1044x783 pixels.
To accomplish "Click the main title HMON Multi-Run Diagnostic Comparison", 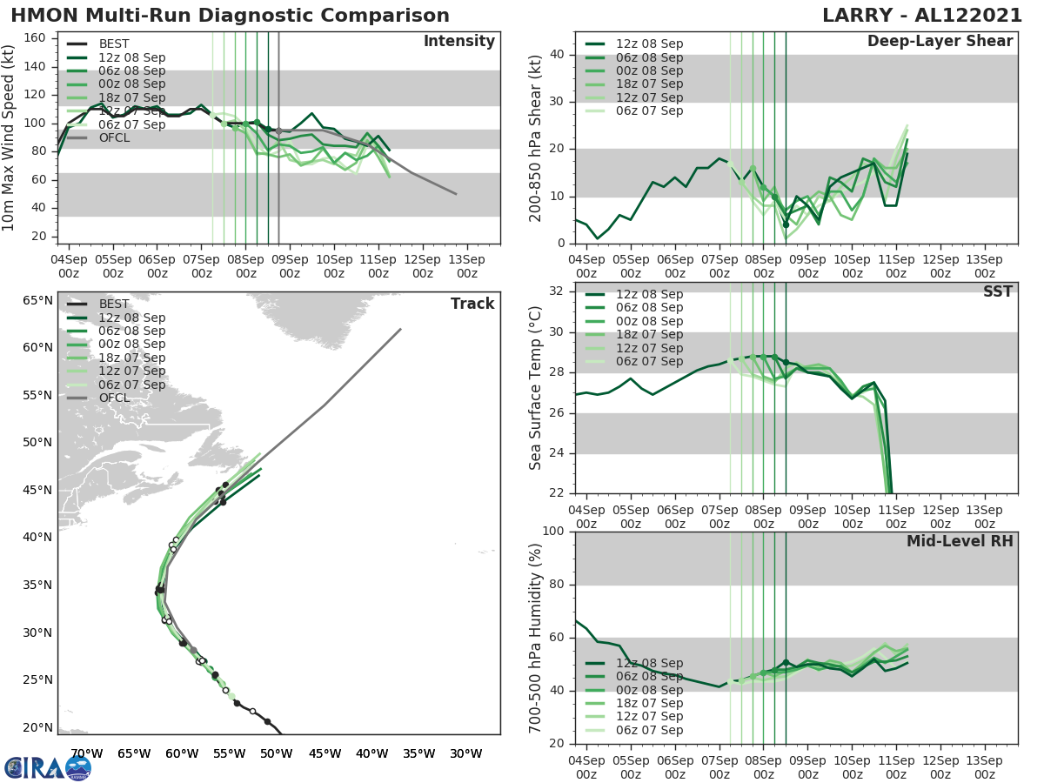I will click(231, 16).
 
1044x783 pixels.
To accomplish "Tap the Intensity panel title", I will click(458, 42).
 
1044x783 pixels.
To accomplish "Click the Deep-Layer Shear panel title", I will click(940, 42).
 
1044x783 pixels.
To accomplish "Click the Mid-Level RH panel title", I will click(960, 541).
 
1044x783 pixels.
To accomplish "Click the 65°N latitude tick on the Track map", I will click(37, 300).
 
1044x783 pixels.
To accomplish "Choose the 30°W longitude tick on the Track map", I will click(466, 753).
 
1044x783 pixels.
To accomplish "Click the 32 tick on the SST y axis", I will click(558, 291).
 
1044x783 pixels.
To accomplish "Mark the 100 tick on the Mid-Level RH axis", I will click(553, 531).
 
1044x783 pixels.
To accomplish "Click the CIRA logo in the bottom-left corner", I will click(48, 767).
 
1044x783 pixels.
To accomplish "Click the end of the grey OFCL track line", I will click(401, 329).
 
